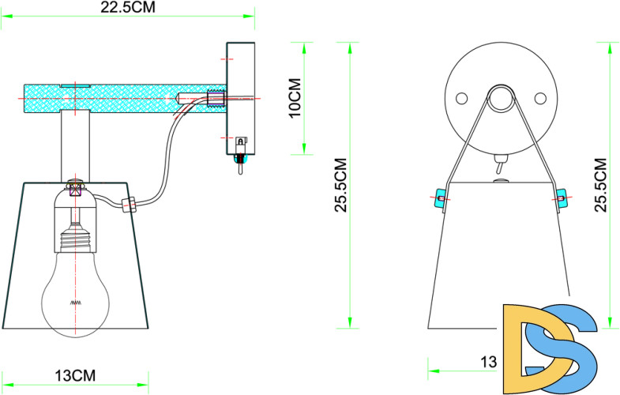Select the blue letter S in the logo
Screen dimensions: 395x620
pos(564,348)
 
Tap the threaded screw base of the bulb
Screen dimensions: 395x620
pos(77,236)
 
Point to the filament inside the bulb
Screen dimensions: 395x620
pos(77,303)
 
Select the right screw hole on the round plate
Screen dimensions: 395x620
pos(541,97)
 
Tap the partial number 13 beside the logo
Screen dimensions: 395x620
pos(489,363)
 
